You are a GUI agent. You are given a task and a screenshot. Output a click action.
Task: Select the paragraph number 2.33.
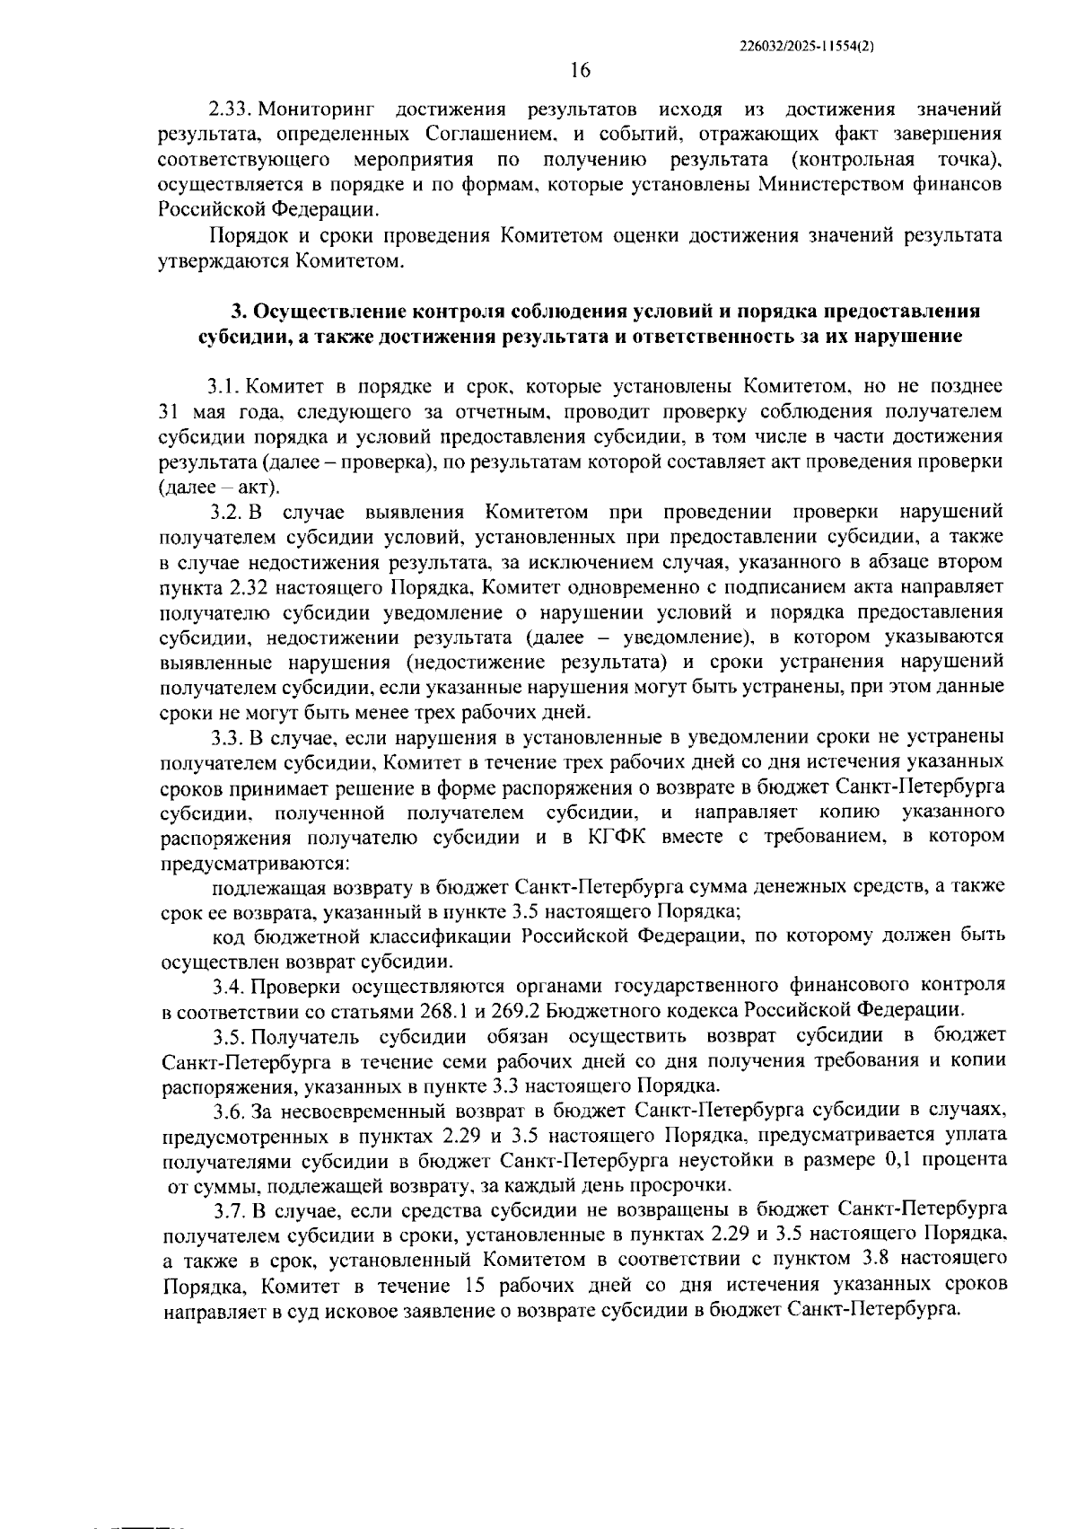point(230,110)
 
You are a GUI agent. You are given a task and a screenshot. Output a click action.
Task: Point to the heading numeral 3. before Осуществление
point(238,312)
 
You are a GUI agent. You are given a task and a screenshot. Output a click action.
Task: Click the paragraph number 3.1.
point(224,388)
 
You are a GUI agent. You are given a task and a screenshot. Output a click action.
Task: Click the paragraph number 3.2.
point(226,513)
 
